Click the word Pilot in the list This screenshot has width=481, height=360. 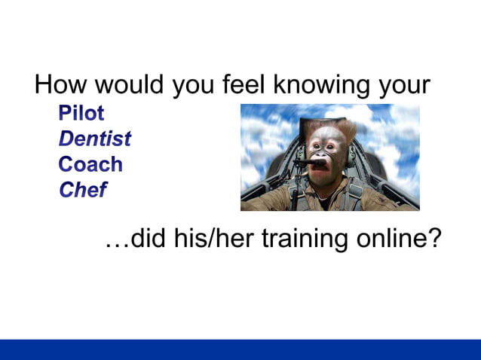coord(81,114)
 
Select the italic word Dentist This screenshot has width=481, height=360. coord(95,139)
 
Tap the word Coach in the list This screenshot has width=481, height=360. coord(90,164)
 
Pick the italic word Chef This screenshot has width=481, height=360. coord(82,190)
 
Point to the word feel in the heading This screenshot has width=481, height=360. coord(244,84)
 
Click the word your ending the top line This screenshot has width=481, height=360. coord(403,86)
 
